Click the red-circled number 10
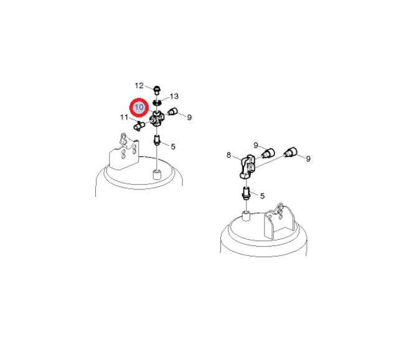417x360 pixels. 139,108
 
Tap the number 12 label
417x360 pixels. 139,86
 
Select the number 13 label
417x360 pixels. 174,97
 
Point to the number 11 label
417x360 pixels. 124,117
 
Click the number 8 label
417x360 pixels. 228,155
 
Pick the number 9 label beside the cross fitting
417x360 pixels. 189,117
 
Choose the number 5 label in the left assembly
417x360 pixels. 173,146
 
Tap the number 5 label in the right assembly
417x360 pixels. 263,196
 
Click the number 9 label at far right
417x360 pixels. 308,159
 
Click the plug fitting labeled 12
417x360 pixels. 157,90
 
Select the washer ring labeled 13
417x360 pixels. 157,102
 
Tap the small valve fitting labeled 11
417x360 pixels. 139,126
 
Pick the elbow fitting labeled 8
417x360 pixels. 248,166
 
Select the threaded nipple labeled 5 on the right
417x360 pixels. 246,193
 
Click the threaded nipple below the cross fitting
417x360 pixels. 157,140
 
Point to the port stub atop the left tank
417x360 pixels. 157,174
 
